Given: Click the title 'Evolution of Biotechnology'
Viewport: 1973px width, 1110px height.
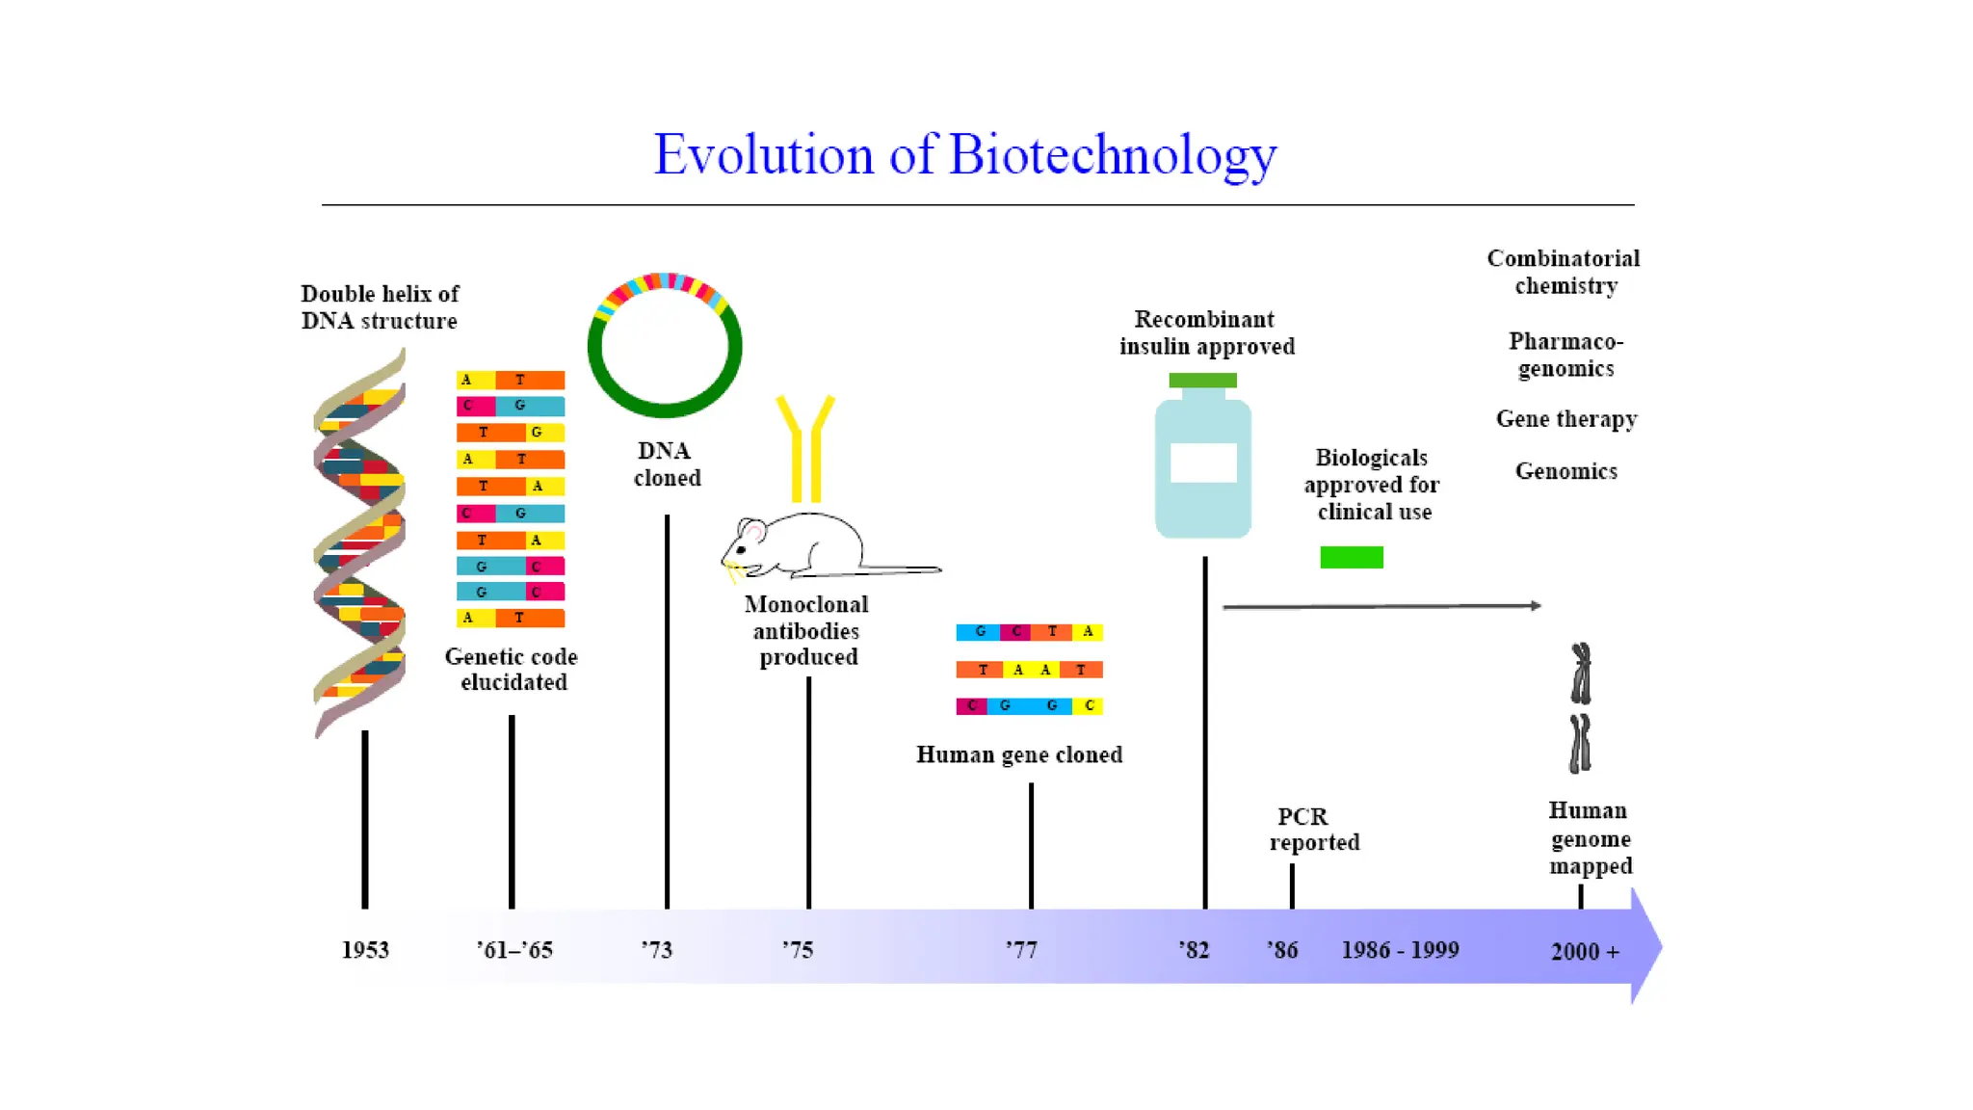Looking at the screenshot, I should [x=965, y=154].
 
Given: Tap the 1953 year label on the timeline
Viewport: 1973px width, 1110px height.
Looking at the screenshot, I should [x=365, y=950].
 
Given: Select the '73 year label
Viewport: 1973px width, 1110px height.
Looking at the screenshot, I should [x=657, y=950].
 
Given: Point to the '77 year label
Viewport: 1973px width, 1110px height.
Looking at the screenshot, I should [x=1021, y=950].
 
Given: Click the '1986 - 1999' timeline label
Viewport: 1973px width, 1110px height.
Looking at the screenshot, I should [x=1400, y=950].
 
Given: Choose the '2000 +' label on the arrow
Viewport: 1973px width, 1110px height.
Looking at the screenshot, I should [x=1585, y=952].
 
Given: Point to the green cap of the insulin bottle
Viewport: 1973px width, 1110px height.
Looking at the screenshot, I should [x=1202, y=380].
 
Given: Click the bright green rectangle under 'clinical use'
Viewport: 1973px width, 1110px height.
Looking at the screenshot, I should [x=1352, y=557].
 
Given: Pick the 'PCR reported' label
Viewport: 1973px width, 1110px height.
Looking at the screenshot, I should [x=1313, y=829].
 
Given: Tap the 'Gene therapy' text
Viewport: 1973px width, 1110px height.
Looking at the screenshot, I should [x=1566, y=419].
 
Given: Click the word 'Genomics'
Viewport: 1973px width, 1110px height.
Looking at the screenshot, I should [x=1566, y=471].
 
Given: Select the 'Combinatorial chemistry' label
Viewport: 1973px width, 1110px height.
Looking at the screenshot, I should [x=1564, y=272].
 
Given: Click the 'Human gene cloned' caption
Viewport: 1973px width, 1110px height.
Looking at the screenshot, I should [x=1019, y=754].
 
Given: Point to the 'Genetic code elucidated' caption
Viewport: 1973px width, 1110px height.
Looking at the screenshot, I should [x=512, y=670].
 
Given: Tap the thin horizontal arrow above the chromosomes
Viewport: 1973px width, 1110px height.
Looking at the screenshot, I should [x=1381, y=606].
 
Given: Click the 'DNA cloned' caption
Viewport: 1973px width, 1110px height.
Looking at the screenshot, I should [x=667, y=464].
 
